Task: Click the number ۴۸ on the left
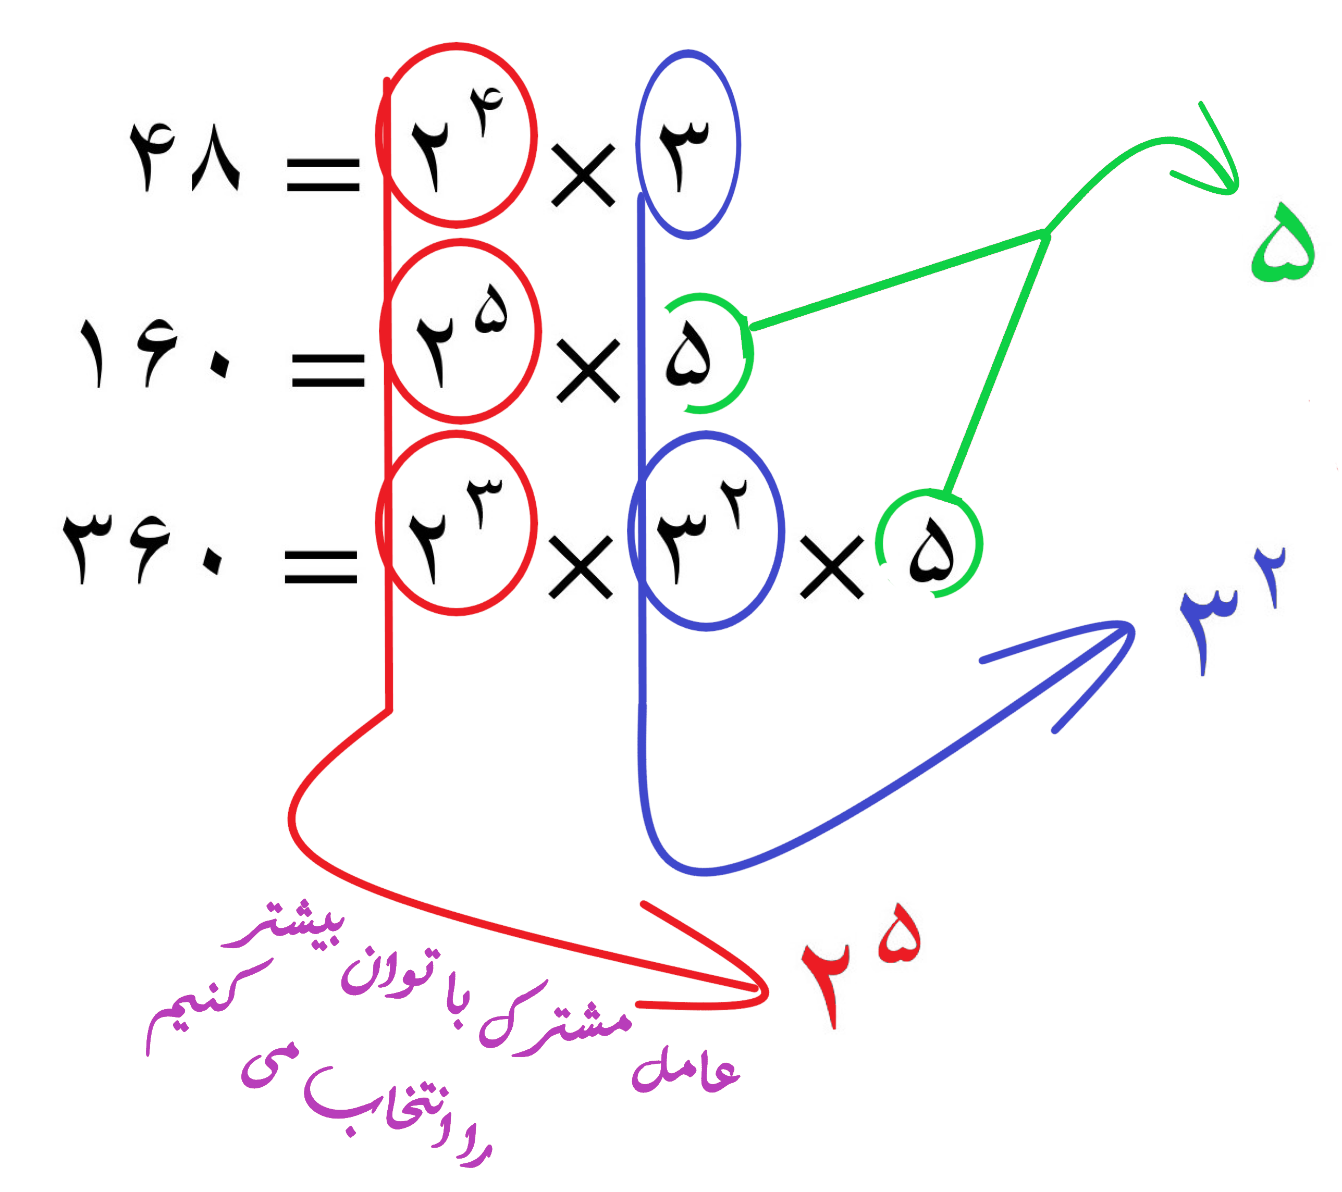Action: [184, 157]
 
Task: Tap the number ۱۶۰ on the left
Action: [155, 353]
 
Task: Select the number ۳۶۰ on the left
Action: [142, 548]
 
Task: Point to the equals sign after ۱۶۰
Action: [328, 370]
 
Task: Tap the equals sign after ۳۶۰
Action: [321, 566]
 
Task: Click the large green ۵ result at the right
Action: [1284, 242]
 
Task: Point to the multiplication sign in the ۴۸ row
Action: [583, 176]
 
